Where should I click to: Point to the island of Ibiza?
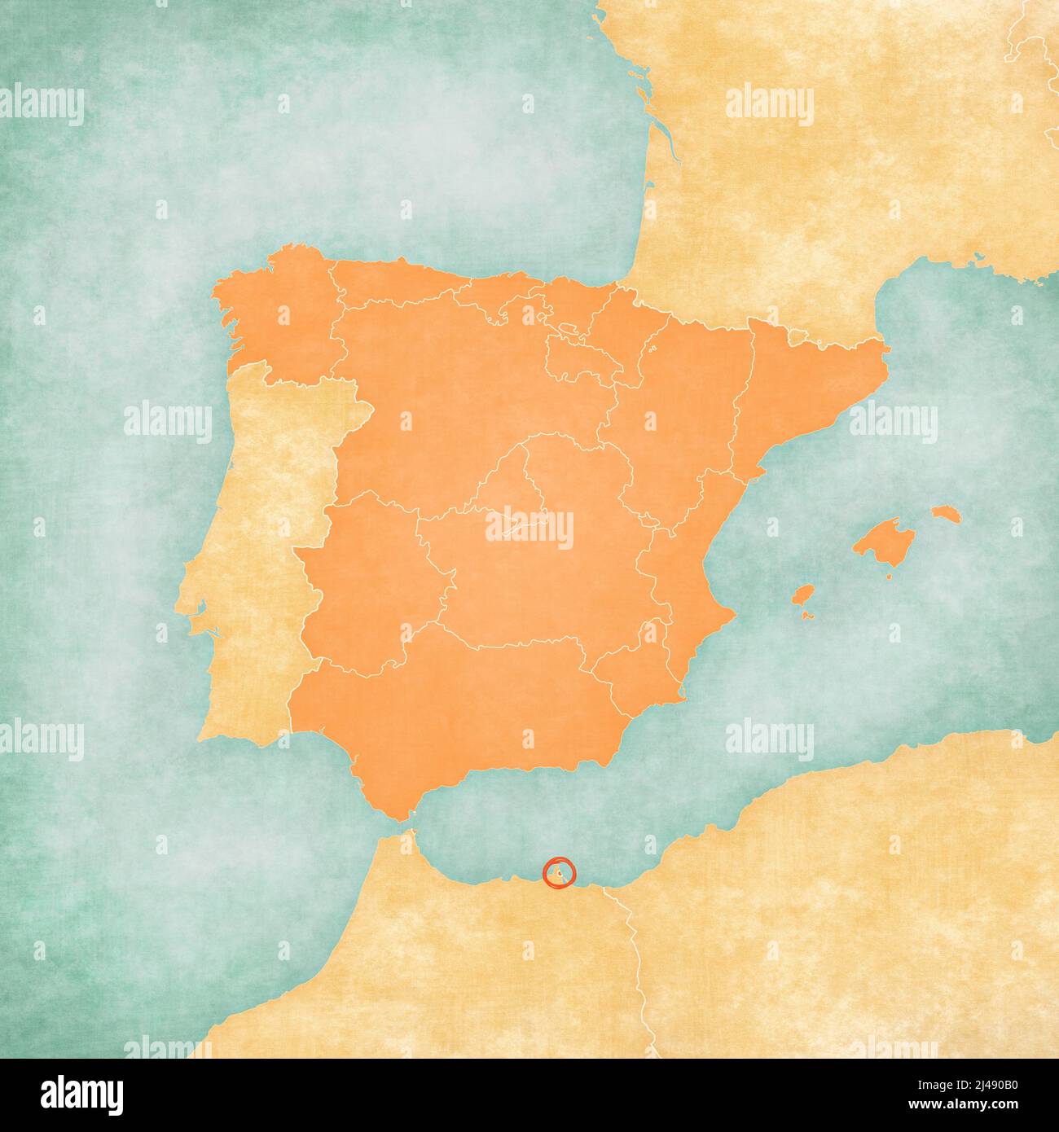(x=804, y=595)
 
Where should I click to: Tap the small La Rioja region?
(x=574, y=358)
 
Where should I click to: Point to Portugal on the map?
(x=253, y=554)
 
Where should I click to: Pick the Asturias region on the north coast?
(x=391, y=281)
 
